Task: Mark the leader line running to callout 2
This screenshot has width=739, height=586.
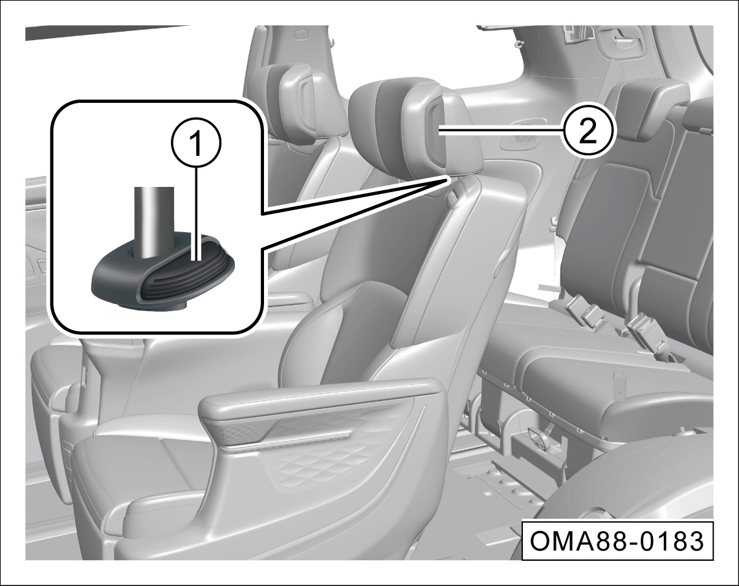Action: [x=501, y=134]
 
